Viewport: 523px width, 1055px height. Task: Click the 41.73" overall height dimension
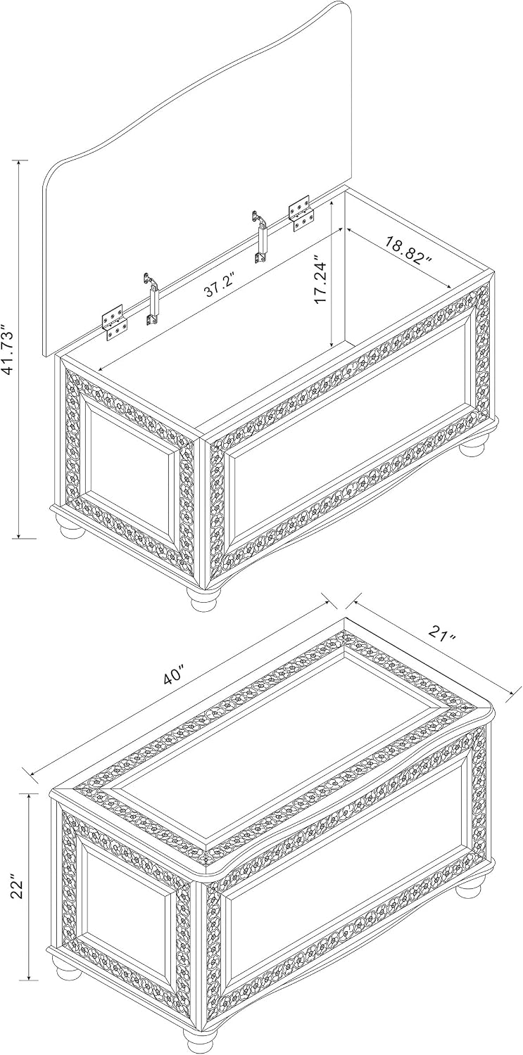[8, 350]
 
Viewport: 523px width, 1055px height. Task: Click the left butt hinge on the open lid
[115, 323]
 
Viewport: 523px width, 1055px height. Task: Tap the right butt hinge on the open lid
[301, 215]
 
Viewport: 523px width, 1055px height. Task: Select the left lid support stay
[153, 298]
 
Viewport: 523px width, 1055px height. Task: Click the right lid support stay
[260, 236]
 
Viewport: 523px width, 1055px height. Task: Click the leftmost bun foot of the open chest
[72, 529]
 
